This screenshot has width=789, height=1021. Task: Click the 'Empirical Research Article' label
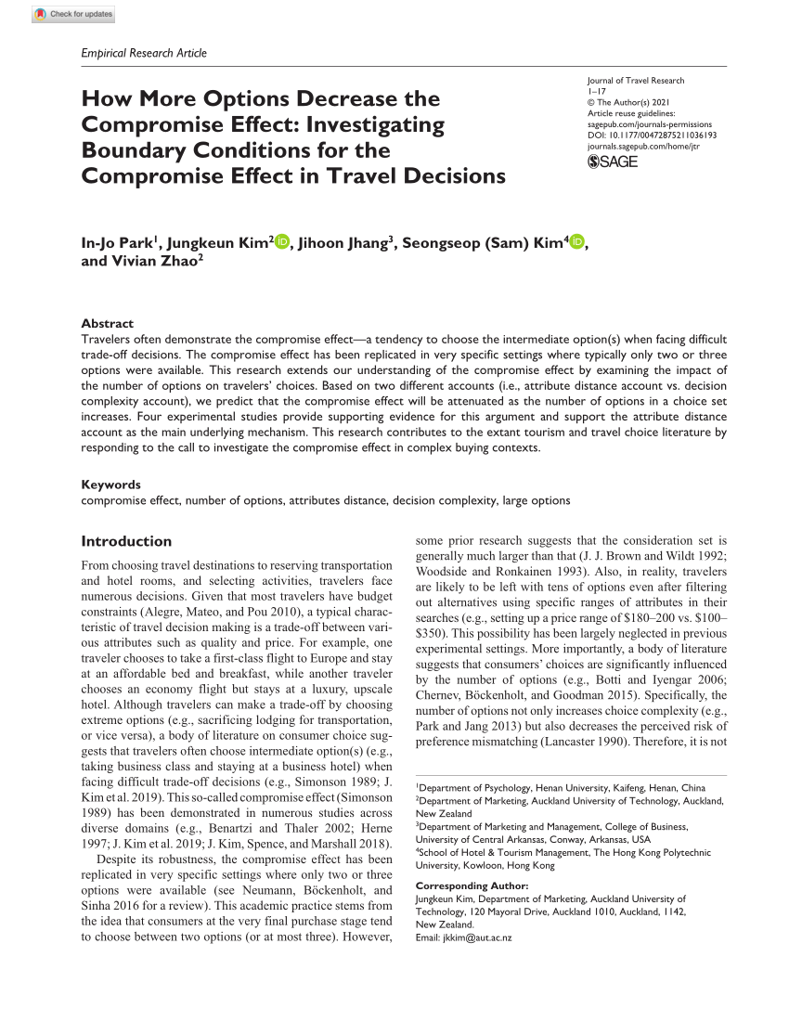144,53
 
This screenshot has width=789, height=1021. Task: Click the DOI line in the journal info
653,135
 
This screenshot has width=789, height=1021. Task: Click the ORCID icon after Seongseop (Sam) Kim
576,243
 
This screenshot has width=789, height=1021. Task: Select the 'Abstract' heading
107,324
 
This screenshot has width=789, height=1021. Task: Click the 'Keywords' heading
110,485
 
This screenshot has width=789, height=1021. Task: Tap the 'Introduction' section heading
126,541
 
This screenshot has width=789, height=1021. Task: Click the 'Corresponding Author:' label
472,886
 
